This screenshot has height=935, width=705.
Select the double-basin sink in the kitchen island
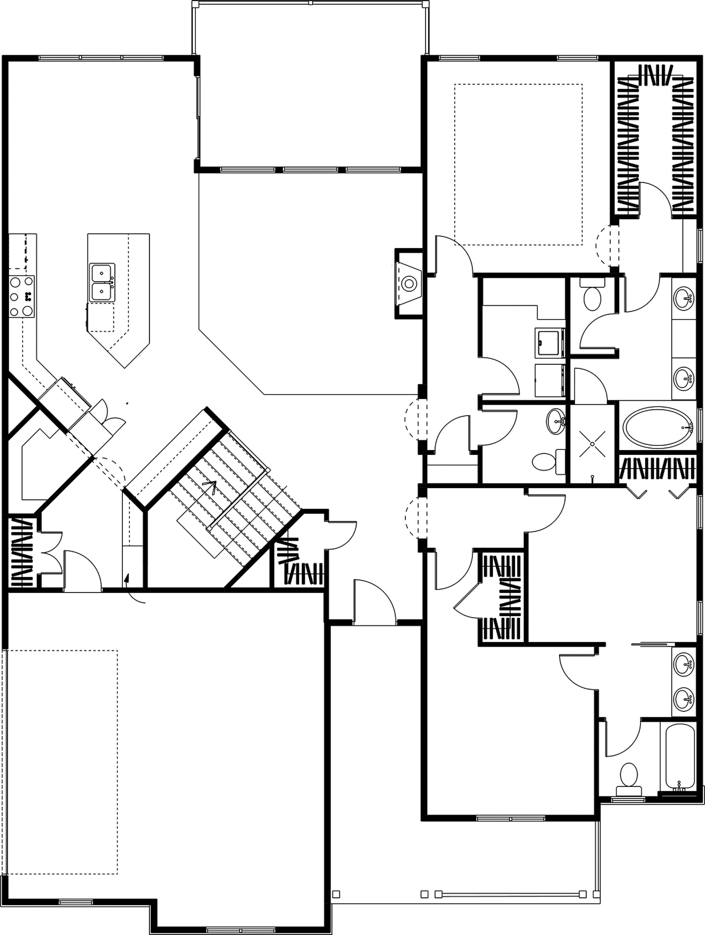click(x=102, y=282)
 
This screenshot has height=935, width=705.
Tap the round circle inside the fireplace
click(x=408, y=283)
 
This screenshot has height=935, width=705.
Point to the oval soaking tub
click(x=657, y=427)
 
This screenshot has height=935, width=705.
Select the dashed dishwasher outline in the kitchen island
click(x=102, y=317)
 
